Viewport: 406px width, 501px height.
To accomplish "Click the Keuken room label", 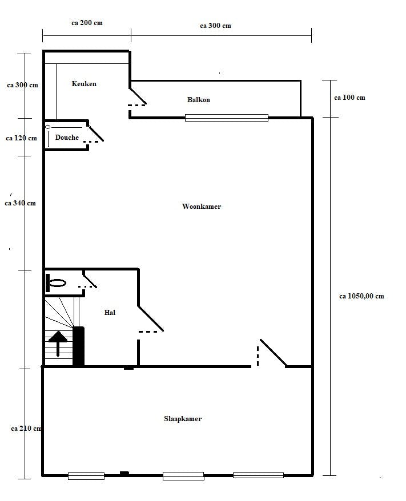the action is pos(84,84).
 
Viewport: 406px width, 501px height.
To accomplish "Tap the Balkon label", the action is pos(199,100).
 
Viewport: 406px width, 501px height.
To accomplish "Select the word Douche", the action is pos(67,138).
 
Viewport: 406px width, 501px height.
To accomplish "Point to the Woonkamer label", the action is pos(202,207).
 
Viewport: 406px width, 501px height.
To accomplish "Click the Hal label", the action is pos(110,313).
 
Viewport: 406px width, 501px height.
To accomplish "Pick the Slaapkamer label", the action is pos(183,419).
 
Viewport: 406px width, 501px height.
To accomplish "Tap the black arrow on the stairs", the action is pos(58,344).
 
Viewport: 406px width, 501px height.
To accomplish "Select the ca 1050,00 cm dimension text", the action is pos(361,296).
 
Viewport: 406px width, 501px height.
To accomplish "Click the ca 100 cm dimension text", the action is pos(349,98).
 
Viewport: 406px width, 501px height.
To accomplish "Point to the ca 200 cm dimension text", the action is pos(87,23).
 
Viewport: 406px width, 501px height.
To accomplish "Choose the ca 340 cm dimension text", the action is pos(20,203).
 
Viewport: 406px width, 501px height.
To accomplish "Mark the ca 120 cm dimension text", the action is pos(21,138).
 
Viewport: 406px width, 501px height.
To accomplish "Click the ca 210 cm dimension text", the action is pos(26,429).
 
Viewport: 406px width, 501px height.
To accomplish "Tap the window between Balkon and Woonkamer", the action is pos(227,118).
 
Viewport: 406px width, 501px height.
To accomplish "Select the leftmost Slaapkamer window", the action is pos(86,476).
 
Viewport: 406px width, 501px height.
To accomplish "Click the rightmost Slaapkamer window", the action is pos(258,475).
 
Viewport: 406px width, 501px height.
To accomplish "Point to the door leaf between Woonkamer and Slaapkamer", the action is pos(273,353).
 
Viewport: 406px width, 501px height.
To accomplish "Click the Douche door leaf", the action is pos(96,134).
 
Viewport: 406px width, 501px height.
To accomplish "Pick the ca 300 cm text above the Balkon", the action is pos(215,26).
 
